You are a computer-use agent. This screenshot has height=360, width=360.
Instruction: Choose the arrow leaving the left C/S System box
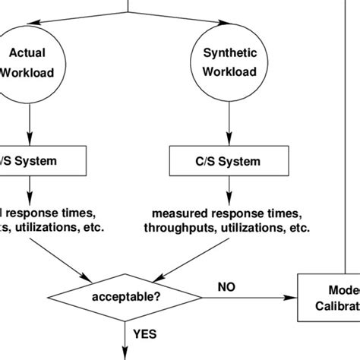(x=29, y=188)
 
